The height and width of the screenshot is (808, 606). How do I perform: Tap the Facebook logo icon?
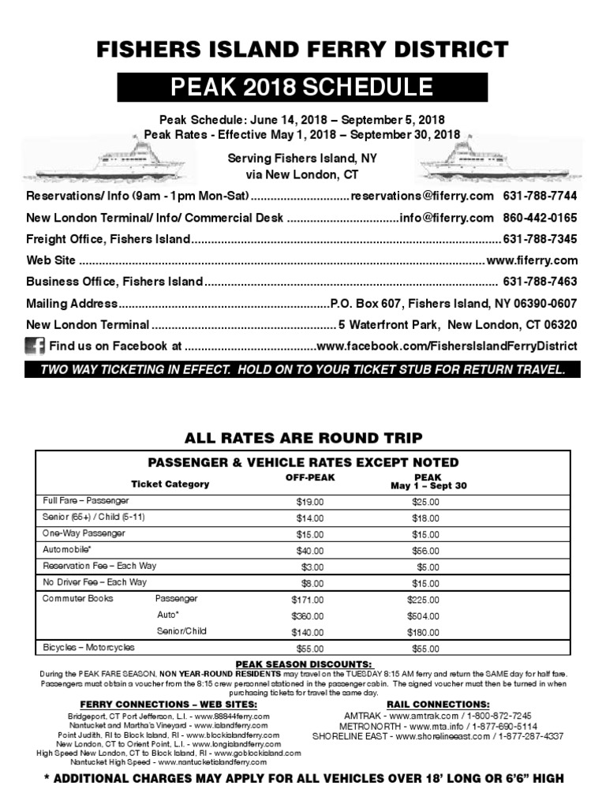pos(35,346)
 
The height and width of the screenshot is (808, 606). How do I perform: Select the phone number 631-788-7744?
pos(540,195)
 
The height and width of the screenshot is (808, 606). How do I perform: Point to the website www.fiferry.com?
pos(532,260)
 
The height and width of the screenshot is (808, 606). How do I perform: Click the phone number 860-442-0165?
pos(540,217)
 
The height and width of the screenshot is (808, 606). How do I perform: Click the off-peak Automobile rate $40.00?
pos(309,551)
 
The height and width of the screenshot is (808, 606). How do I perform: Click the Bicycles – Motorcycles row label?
pos(88,648)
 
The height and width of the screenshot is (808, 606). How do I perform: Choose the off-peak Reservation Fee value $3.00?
pos(312,567)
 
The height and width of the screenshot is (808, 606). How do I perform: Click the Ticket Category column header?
pos(170,484)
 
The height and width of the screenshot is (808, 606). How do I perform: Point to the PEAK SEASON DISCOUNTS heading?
pos(303,664)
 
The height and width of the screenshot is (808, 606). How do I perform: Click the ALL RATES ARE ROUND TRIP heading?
pos(303,438)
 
